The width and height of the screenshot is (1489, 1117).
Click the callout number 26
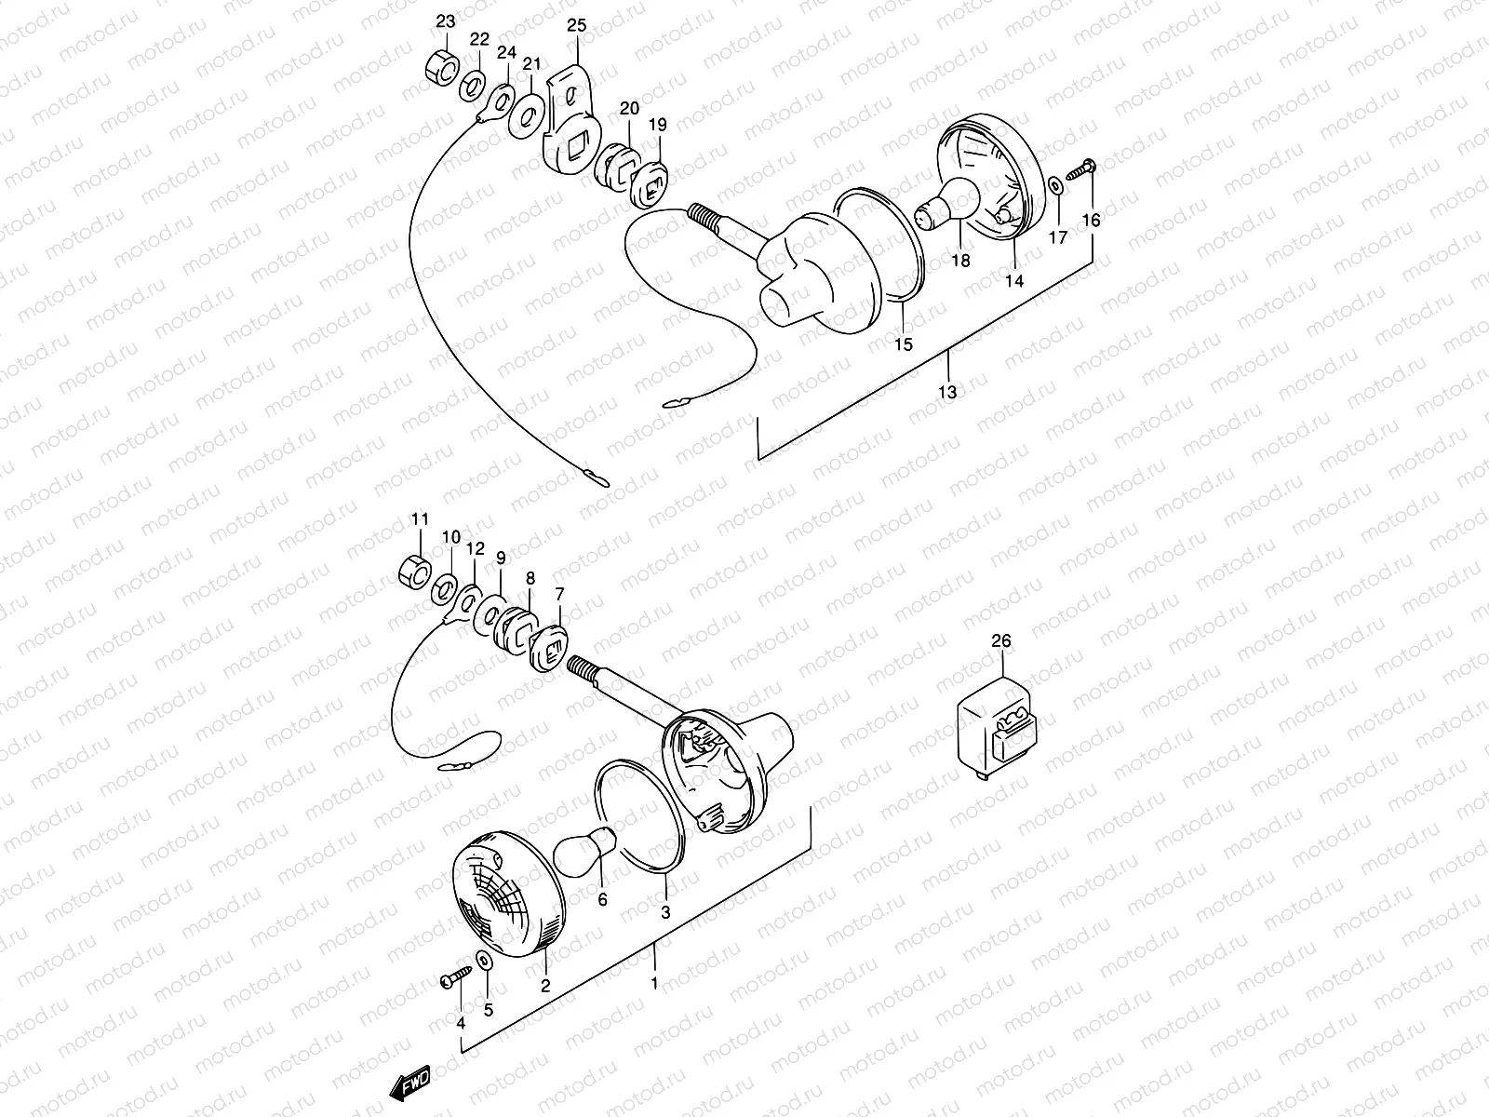(x=1000, y=640)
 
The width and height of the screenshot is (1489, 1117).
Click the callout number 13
(x=947, y=392)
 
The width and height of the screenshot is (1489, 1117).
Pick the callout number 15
(x=904, y=344)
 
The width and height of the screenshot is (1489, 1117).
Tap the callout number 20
(x=629, y=107)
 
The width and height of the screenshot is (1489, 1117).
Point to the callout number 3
(x=665, y=913)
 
